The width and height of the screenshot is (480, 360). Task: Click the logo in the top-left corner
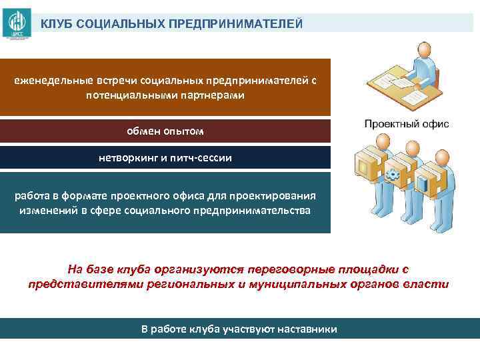click(15, 25)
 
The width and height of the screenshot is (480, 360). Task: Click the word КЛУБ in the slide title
click(57, 24)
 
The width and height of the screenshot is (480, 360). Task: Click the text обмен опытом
click(165, 131)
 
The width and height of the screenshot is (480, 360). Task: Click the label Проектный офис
click(407, 124)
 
